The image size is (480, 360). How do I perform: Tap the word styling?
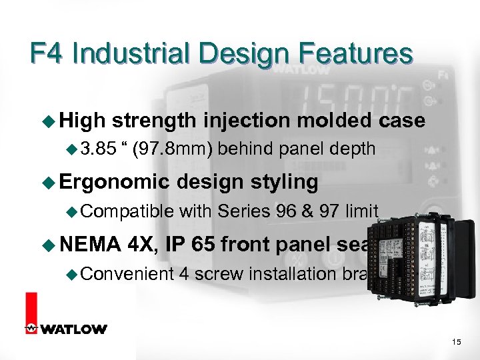(x=284, y=183)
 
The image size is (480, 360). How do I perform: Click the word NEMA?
(x=88, y=245)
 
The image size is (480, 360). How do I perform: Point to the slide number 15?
(x=456, y=342)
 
